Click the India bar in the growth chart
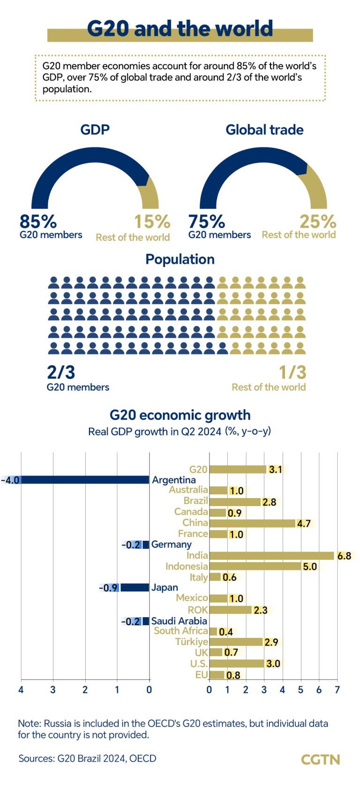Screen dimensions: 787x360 click(x=272, y=556)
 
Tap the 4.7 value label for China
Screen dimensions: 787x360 click(x=304, y=523)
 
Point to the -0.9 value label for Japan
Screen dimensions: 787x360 click(x=109, y=588)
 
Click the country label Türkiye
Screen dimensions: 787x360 click(x=191, y=642)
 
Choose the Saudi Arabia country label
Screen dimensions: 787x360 click(x=179, y=621)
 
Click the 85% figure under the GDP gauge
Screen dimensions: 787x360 click(x=38, y=221)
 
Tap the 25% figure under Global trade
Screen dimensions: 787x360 click(x=318, y=221)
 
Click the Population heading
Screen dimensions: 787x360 click(x=180, y=259)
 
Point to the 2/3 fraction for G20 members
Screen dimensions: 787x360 click(x=61, y=372)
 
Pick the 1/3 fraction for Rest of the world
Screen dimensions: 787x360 click(x=292, y=372)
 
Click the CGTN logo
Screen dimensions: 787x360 click(x=320, y=759)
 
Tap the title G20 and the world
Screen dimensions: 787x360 click(x=180, y=29)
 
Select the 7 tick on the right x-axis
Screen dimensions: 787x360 click(x=337, y=689)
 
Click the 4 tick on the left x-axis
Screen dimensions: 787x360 click(x=21, y=689)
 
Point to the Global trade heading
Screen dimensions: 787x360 click(x=264, y=130)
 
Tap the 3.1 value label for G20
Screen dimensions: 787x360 click(x=276, y=469)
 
